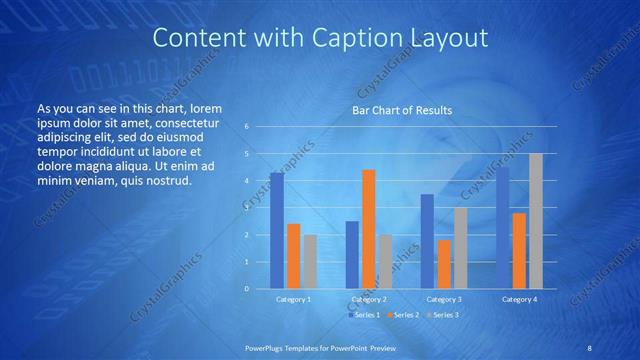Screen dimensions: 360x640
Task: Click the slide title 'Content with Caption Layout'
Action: click(x=320, y=38)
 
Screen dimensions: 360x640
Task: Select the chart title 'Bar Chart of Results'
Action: click(x=402, y=110)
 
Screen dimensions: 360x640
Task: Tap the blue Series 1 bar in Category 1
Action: click(x=277, y=231)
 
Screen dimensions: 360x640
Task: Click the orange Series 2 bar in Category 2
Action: click(x=368, y=229)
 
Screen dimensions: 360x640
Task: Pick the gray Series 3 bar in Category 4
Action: click(x=535, y=221)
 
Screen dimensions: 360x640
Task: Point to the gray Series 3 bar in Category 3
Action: click(x=460, y=248)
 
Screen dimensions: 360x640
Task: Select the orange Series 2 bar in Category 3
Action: click(x=443, y=264)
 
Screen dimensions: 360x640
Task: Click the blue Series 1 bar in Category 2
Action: click(x=352, y=255)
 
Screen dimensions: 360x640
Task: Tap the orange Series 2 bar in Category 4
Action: click(x=519, y=251)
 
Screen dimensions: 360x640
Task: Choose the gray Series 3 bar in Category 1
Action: click(x=310, y=262)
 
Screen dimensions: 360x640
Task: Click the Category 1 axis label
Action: click(x=293, y=299)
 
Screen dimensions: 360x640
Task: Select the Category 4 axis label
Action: click(x=519, y=299)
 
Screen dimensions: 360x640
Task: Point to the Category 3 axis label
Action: click(x=443, y=299)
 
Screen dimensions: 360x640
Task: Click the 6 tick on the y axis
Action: click(x=246, y=127)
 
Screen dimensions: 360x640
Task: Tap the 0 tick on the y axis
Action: click(x=246, y=289)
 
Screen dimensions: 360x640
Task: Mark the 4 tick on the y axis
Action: click(x=246, y=181)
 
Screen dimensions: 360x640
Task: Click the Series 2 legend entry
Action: click(x=403, y=315)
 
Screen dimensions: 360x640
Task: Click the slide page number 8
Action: click(x=589, y=348)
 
